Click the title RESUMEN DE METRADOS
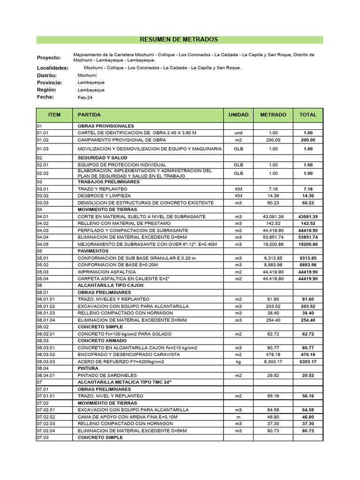tap(180, 40)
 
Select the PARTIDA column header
tap(89, 115)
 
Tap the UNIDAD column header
tap(239, 115)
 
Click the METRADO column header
tap(273, 115)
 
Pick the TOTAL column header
tap(308, 115)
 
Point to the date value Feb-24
tap(85, 97)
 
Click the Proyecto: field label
tap(49, 58)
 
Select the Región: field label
tap(47, 90)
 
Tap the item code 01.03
tap(43, 149)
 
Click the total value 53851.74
tap(308, 237)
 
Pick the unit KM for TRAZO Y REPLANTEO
tap(239, 188)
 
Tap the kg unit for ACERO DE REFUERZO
tap(239, 361)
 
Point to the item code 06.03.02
tap(46, 354)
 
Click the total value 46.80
tap(308, 416)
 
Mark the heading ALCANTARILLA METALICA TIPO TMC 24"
tap(125, 382)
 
